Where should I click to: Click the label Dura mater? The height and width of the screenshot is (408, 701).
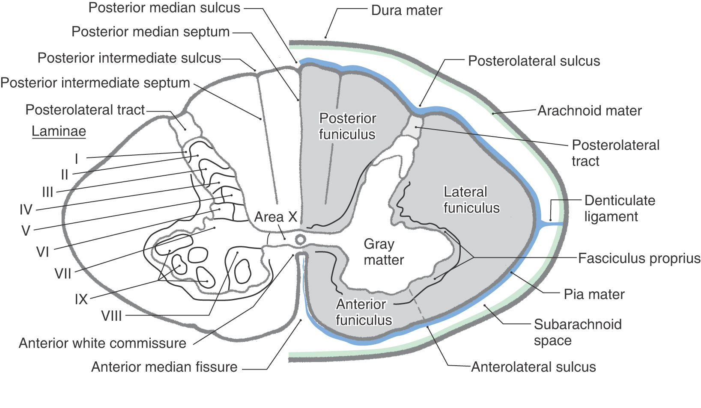pos(406,10)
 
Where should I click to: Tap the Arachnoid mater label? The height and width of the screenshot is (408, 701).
pos(590,111)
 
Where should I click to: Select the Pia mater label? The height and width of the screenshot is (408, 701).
pos(594,294)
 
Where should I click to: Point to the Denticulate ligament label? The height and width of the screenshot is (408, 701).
pos(619,208)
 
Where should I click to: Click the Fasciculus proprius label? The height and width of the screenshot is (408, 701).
pos(639,258)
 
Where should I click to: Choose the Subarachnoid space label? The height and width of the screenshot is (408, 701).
pos(577,332)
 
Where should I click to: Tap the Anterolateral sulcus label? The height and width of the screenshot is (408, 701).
pos(533,367)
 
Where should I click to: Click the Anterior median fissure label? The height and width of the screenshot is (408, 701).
pos(164,367)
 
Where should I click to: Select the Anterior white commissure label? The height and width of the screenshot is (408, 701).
pos(102,343)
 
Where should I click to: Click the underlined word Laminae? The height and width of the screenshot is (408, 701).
pos(59,131)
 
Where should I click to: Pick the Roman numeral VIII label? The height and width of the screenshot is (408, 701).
pos(111,316)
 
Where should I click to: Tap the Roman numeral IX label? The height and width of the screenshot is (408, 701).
pos(81,299)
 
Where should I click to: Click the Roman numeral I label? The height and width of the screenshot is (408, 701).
pos(77,159)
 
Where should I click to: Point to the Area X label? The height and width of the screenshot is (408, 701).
pos(275,217)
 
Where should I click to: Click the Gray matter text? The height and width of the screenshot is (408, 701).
pos(384,252)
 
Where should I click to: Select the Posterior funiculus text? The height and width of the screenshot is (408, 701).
pos(347,126)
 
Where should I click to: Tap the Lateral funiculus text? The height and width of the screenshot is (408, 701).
pos(471,200)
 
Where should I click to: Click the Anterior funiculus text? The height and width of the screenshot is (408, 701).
pos(364,312)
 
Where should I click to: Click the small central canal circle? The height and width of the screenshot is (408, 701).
pos(301,239)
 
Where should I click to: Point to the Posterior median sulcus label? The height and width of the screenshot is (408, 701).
pos(164,8)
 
